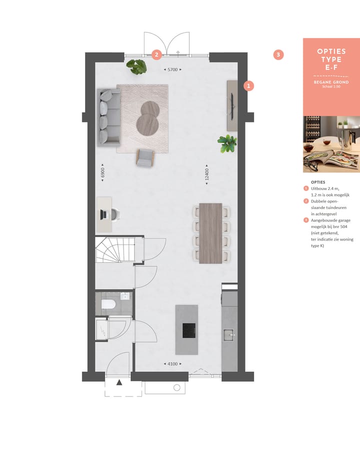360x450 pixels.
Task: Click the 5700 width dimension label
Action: click(x=173, y=70)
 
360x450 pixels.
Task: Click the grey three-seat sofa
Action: click(x=109, y=116)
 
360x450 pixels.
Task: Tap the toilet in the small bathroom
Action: click(x=109, y=305)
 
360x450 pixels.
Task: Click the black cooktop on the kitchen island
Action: click(x=189, y=330)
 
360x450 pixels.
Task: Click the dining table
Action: click(x=210, y=233)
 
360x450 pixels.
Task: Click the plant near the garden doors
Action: click(x=136, y=66)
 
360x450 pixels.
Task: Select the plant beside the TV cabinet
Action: click(x=227, y=143)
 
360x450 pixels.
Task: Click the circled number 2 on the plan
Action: click(x=156, y=54)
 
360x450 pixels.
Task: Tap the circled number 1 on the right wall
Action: click(x=248, y=86)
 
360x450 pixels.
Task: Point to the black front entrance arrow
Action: click(x=119, y=382)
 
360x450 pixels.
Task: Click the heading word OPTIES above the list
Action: click(x=318, y=182)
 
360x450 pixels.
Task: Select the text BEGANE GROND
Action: click(x=331, y=82)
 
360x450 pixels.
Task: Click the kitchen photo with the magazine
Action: click(x=331, y=144)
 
